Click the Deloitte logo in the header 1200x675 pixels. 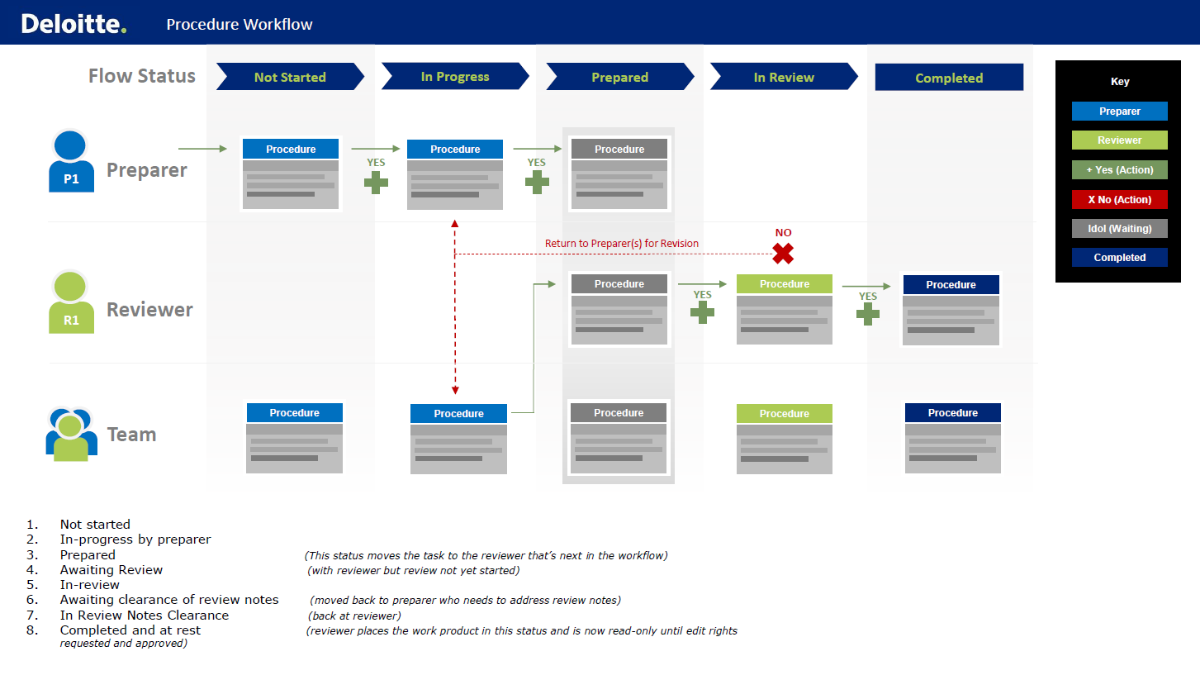pos(74,24)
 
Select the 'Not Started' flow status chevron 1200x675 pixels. pos(290,77)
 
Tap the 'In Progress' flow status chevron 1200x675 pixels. pos(455,76)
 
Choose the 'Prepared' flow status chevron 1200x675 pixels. pos(620,77)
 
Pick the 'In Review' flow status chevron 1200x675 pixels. pos(784,77)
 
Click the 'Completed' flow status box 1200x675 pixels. pos(949,77)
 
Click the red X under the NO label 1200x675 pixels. pos(783,254)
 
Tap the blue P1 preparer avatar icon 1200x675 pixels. pos(71,161)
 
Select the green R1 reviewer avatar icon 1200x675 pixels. pos(71,302)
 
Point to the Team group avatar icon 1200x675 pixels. pos(71,434)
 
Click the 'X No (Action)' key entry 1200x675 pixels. pos(1119,199)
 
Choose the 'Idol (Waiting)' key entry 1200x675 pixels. pos(1119,228)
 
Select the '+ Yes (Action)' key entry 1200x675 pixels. pos(1119,170)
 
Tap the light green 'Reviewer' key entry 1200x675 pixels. pos(1119,140)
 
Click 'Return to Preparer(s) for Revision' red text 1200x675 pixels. pos(621,243)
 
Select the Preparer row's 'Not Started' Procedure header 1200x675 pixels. pos(291,149)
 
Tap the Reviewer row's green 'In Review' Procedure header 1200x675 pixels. pos(785,283)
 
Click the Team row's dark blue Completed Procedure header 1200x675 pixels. pos(952,412)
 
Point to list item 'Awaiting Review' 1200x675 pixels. pos(111,569)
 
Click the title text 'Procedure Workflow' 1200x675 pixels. pos(239,24)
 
